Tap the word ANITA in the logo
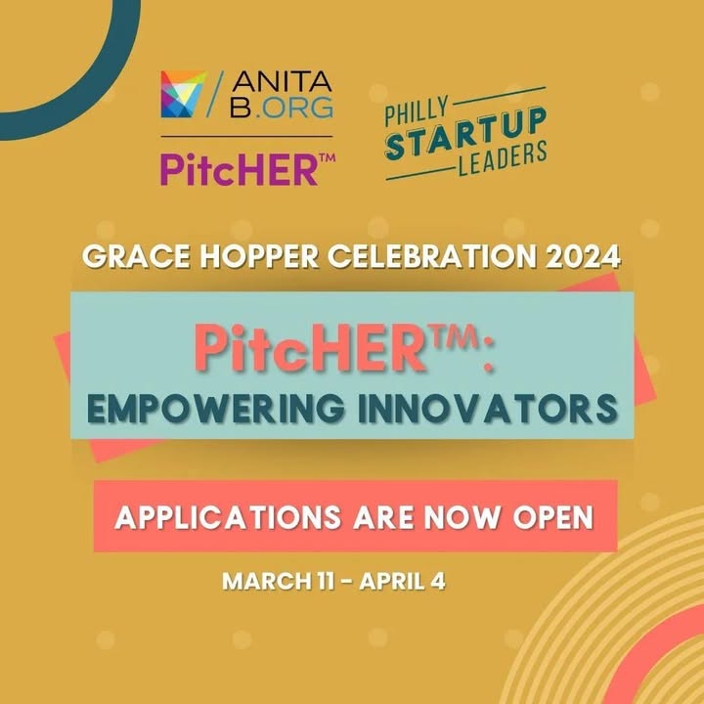tap(282, 82)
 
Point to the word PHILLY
tap(417, 111)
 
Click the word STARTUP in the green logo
tap(466, 134)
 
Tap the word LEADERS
tap(503, 158)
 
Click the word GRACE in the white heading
tap(137, 257)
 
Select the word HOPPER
tap(259, 257)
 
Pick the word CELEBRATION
tap(432, 257)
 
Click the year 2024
tap(584, 257)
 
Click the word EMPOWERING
tap(216, 408)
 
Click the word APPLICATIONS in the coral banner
tap(228, 517)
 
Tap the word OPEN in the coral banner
tap(553, 517)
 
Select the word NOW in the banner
tap(462, 517)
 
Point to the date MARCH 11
tap(279, 581)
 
